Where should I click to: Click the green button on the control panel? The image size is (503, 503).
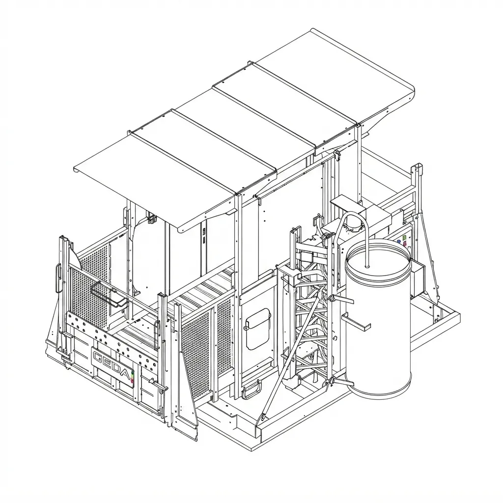click(x=404, y=237)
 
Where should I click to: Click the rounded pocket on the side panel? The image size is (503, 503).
click(x=258, y=329)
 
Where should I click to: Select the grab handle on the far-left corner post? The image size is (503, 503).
click(x=58, y=278)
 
